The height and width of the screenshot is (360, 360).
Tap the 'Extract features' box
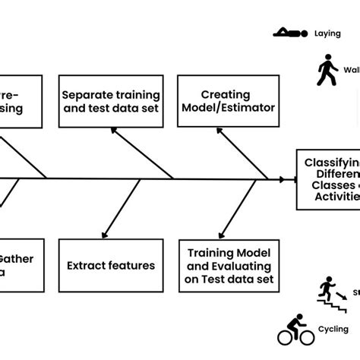point(110,266)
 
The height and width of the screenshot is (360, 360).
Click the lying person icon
point(292,33)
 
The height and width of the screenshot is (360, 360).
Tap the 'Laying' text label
point(322,33)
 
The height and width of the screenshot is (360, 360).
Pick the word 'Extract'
point(87,266)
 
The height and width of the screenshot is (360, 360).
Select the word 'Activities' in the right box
point(334,196)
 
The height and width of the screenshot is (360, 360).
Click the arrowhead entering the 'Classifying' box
point(292,180)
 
